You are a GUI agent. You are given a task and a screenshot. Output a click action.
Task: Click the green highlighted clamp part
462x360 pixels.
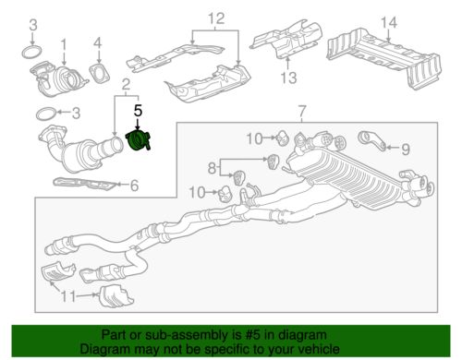point(138,140)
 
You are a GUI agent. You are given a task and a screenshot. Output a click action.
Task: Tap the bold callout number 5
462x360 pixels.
point(138,111)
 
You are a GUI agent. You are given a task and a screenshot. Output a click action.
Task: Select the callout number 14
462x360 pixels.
point(389,22)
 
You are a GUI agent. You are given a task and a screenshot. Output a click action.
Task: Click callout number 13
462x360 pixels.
point(288,78)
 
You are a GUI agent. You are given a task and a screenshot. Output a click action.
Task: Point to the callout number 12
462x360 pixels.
point(216,18)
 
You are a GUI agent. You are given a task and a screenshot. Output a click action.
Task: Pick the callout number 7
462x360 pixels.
point(302,111)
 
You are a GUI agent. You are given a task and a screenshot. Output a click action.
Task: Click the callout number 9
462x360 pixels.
point(406,150)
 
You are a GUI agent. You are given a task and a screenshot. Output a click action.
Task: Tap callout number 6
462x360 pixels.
point(134,186)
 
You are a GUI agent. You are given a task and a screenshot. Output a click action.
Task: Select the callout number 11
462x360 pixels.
point(68,296)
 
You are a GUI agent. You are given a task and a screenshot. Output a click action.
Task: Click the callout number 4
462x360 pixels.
point(98,43)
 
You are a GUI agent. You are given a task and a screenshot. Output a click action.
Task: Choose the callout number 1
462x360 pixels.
point(63,45)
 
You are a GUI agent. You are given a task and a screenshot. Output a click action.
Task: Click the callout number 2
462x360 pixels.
point(126,84)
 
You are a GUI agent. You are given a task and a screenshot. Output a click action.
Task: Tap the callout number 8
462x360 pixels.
point(212,168)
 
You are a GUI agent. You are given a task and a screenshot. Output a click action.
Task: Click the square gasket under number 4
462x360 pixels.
point(100,73)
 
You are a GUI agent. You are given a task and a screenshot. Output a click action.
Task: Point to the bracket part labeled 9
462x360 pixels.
point(372,140)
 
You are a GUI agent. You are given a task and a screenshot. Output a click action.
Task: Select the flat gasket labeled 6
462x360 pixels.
point(85,184)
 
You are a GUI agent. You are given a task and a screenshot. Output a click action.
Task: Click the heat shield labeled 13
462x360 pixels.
point(286,39)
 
